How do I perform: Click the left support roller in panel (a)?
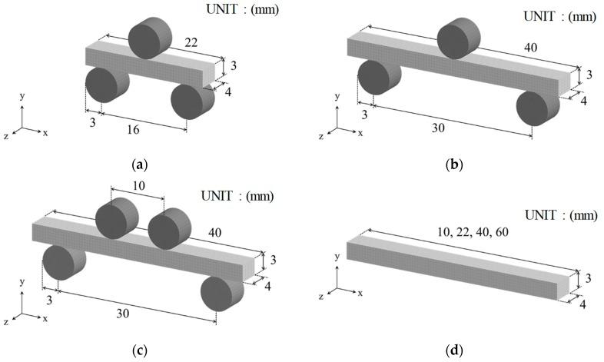[107, 85]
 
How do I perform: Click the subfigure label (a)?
[139, 164]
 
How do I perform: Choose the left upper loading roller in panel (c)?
[118, 218]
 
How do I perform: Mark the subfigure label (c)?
[139, 350]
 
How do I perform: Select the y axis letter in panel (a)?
[22, 96]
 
